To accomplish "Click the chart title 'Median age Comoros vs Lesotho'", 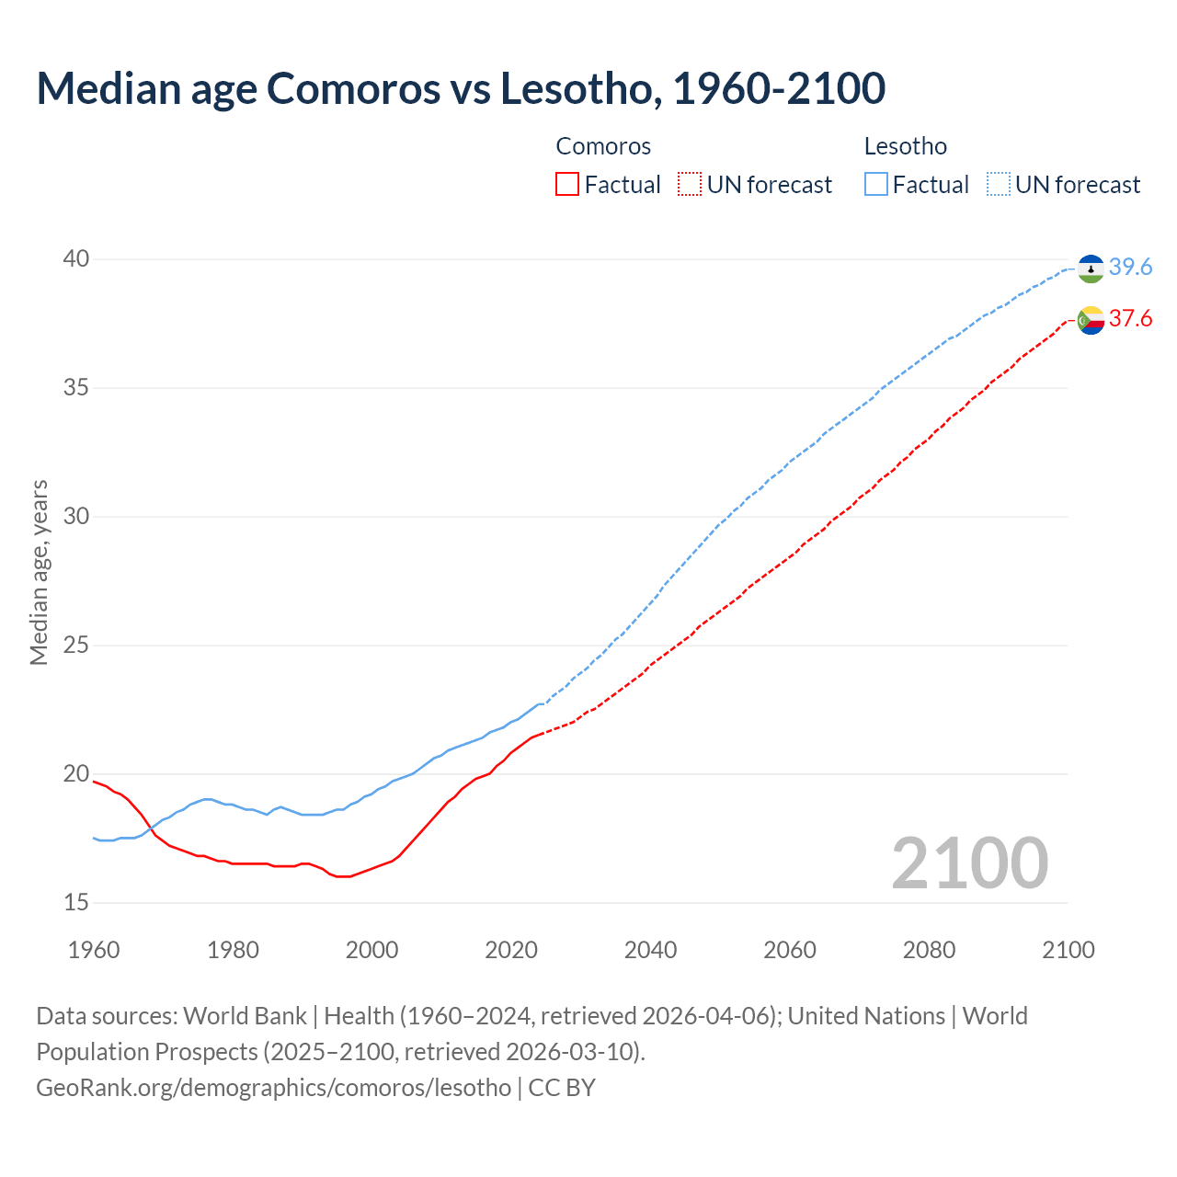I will pyautogui.click(x=460, y=88).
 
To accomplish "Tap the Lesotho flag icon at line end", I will pyautogui.click(x=1091, y=269).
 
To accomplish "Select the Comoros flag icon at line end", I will pyautogui.click(x=1091, y=320).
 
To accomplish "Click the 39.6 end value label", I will pyautogui.click(x=1130, y=267).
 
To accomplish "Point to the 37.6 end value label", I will pyautogui.click(x=1130, y=318).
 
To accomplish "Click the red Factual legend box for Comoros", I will pyautogui.click(x=567, y=185).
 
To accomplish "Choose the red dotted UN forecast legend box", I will pyautogui.click(x=690, y=185).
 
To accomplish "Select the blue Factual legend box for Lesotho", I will pyautogui.click(x=876, y=185).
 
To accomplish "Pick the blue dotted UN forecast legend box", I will pyautogui.click(x=999, y=185).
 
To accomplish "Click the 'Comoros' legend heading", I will pyautogui.click(x=603, y=146).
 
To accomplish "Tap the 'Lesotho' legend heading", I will pyautogui.click(x=905, y=146).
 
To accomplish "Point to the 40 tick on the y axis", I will pyautogui.click(x=76, y=259).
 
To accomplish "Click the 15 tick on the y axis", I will pyautogui.click(x=76, y=903).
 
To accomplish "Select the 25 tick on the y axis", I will pyautogui.click(x=76, y=646).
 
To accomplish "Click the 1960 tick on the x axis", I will pyautogui.click(x=94, y=950).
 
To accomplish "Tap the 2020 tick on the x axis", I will pyautogui.click(x=511, y=950).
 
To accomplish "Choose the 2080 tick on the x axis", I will pyautogui.click(x=929, y=950).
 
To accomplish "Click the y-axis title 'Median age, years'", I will pyautogui.click(x=39, y=572).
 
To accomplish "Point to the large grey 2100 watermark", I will pyautogui.click(x=969, y=863).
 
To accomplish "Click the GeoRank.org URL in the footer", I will pyautogui.click(x=273, y=1088).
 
